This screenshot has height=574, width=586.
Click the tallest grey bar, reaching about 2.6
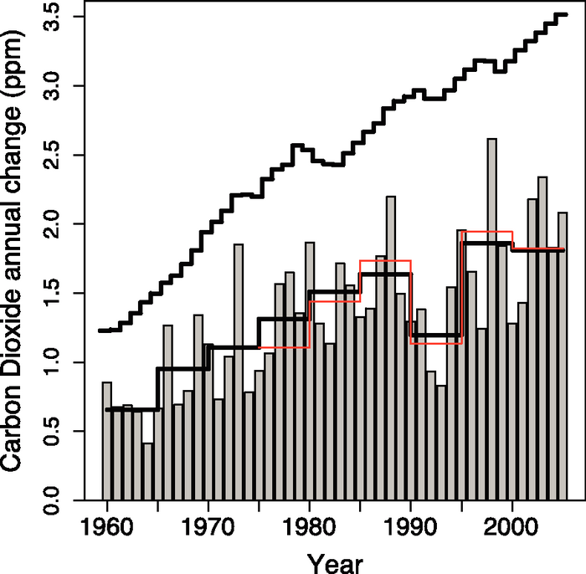pos(491,318)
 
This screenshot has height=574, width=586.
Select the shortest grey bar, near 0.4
pos(147,472)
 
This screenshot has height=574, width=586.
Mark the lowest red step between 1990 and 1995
pos(436,343)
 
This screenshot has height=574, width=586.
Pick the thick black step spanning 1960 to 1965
pos(132,409)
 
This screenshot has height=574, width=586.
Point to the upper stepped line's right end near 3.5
pos(563,14)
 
